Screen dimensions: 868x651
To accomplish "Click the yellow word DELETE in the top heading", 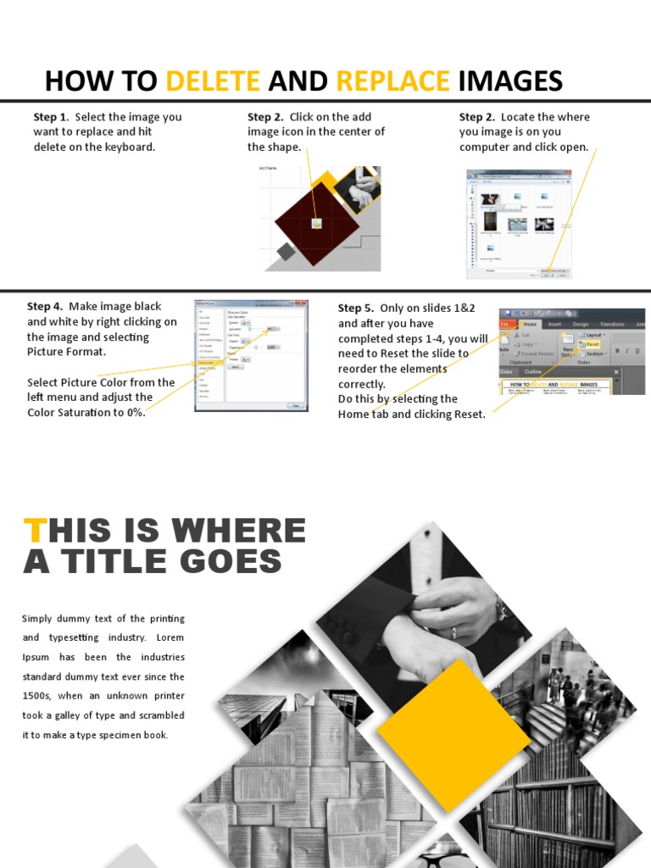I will pyautogui.click(x=213, y=81).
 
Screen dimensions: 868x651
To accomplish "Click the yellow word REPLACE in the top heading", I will pyautogui.click(x=392, y=81).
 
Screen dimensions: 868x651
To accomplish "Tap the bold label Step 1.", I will pyautogui.click(x=50, y=117).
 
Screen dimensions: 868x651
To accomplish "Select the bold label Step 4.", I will pyautogui.click(x=44, y=306).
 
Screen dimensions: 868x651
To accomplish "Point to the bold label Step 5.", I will pyautogui.click(x=355, y=308).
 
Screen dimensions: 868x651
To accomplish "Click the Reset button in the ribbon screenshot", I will pyautogui.click(x=592, y=344).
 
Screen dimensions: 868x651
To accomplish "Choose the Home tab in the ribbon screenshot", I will pyautogui.click(x=530, y=323).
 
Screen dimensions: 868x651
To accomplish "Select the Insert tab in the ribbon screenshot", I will pyautogui.click(x=554, y=323).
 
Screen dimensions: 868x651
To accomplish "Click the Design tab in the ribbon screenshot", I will pyautogui.click(x=581, y=323).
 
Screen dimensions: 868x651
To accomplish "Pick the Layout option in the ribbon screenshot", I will pyautogui.click(x=593, y=335).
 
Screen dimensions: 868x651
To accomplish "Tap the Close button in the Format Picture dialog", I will pyautogui.click(x=296, y=405).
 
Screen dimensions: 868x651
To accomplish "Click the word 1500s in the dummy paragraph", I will pyautogui.click(x=38, y=696).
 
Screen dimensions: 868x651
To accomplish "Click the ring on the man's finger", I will pyautogui.click(x=453, y=632).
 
